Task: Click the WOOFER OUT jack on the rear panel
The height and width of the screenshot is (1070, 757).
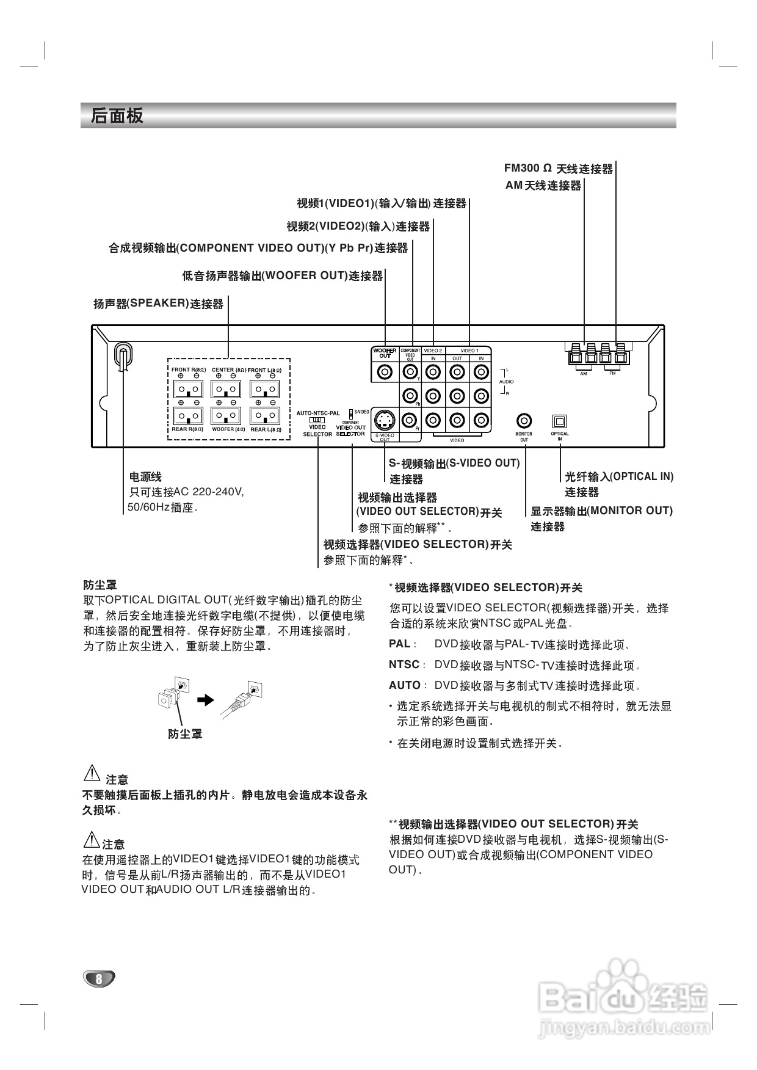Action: [x=385, y=371]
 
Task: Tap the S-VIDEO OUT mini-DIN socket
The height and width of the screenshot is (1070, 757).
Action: [x=385, y=420]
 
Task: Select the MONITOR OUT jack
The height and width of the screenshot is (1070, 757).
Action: [x=524, y=421]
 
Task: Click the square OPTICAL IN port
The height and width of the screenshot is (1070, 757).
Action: [x=559, y=421]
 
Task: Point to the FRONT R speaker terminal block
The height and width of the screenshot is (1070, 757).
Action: [x=188, y=389]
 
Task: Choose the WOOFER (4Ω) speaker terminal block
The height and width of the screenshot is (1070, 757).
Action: [x=226, y=416]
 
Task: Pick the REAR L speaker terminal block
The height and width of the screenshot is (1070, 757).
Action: [x=265, y=416]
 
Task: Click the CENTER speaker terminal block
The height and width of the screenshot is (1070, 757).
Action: [x=226, y=389]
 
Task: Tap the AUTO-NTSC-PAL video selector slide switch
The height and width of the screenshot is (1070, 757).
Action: [x=317, y=420]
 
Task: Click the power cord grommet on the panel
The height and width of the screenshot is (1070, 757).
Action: [x=123, y=357]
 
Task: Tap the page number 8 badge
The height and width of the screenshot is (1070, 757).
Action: [x=98, y=978]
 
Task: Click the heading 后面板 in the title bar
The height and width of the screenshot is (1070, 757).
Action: [x=117, y=115]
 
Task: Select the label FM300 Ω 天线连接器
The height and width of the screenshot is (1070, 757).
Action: [x=558, y=169]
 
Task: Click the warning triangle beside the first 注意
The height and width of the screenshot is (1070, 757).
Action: [x=91, y=774]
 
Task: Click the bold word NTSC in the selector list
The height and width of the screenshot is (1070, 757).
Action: [x=404, y=664]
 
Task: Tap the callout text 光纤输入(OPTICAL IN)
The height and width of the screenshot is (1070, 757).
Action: [x=618, y=477]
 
